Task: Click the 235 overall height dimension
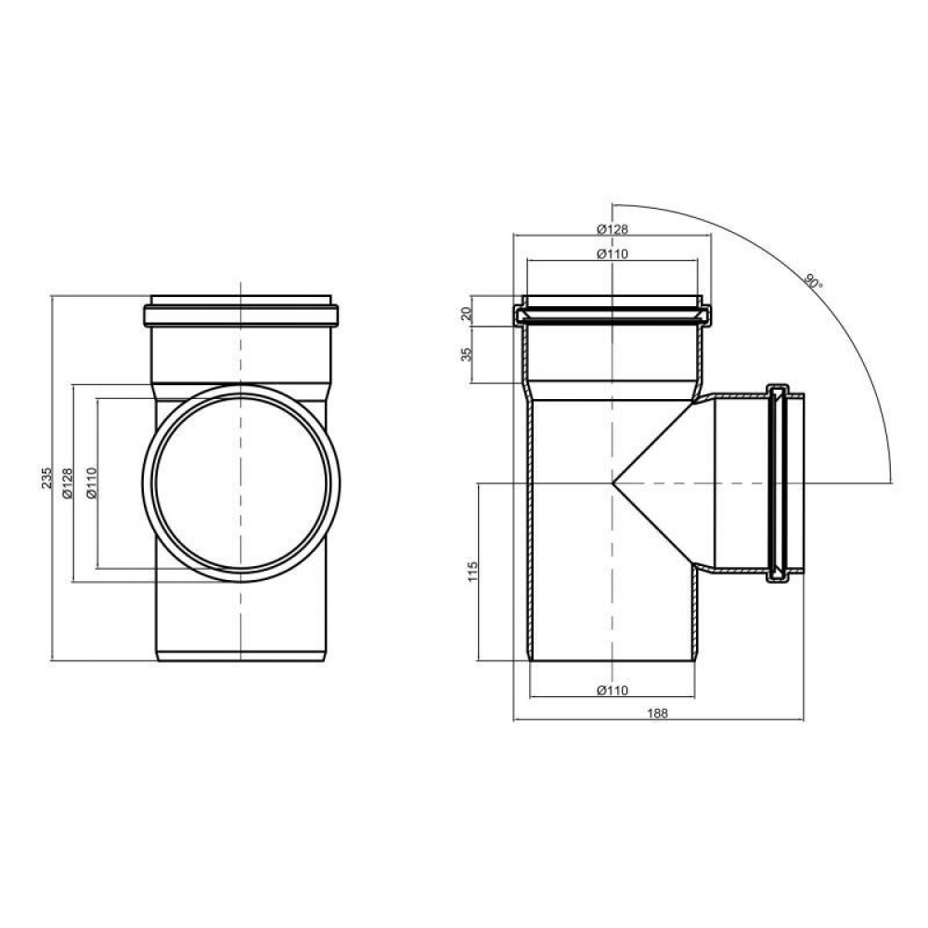(43, 478)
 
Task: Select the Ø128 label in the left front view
(67, 483)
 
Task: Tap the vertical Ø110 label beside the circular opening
(91, 483)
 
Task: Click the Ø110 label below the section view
(612, 690)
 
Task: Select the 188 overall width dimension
(658, 713)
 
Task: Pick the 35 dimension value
(467, 354)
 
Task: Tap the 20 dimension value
(467, 313)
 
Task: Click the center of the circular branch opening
(241, 483)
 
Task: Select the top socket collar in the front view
(241, 313)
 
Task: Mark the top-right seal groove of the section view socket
(703, 314)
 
